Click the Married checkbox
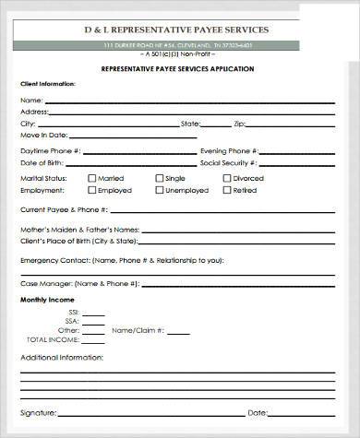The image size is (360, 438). click(x=91, y=178)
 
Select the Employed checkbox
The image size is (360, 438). click(x=91, y=190)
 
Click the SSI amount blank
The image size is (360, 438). click(x=92, y=313)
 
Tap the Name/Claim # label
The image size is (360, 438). click(x=138, y=330)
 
